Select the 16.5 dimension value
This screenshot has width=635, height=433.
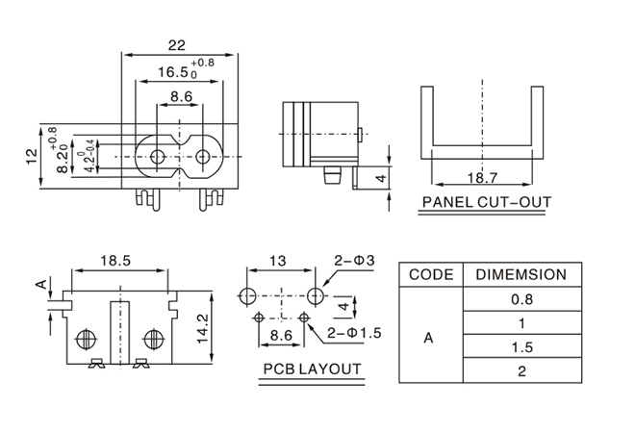tap(171, 72)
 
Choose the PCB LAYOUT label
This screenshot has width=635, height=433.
tap(313, 369)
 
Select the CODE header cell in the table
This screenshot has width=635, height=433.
tap(431, 274)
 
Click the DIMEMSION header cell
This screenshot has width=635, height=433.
tap(521, 274)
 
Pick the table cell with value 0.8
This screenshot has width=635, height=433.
tap(521, 299)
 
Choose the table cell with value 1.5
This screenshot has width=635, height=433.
tap(521, 346)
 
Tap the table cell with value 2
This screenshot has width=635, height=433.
tap(521, 370)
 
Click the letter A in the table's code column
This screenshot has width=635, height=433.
tap(429, 338)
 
